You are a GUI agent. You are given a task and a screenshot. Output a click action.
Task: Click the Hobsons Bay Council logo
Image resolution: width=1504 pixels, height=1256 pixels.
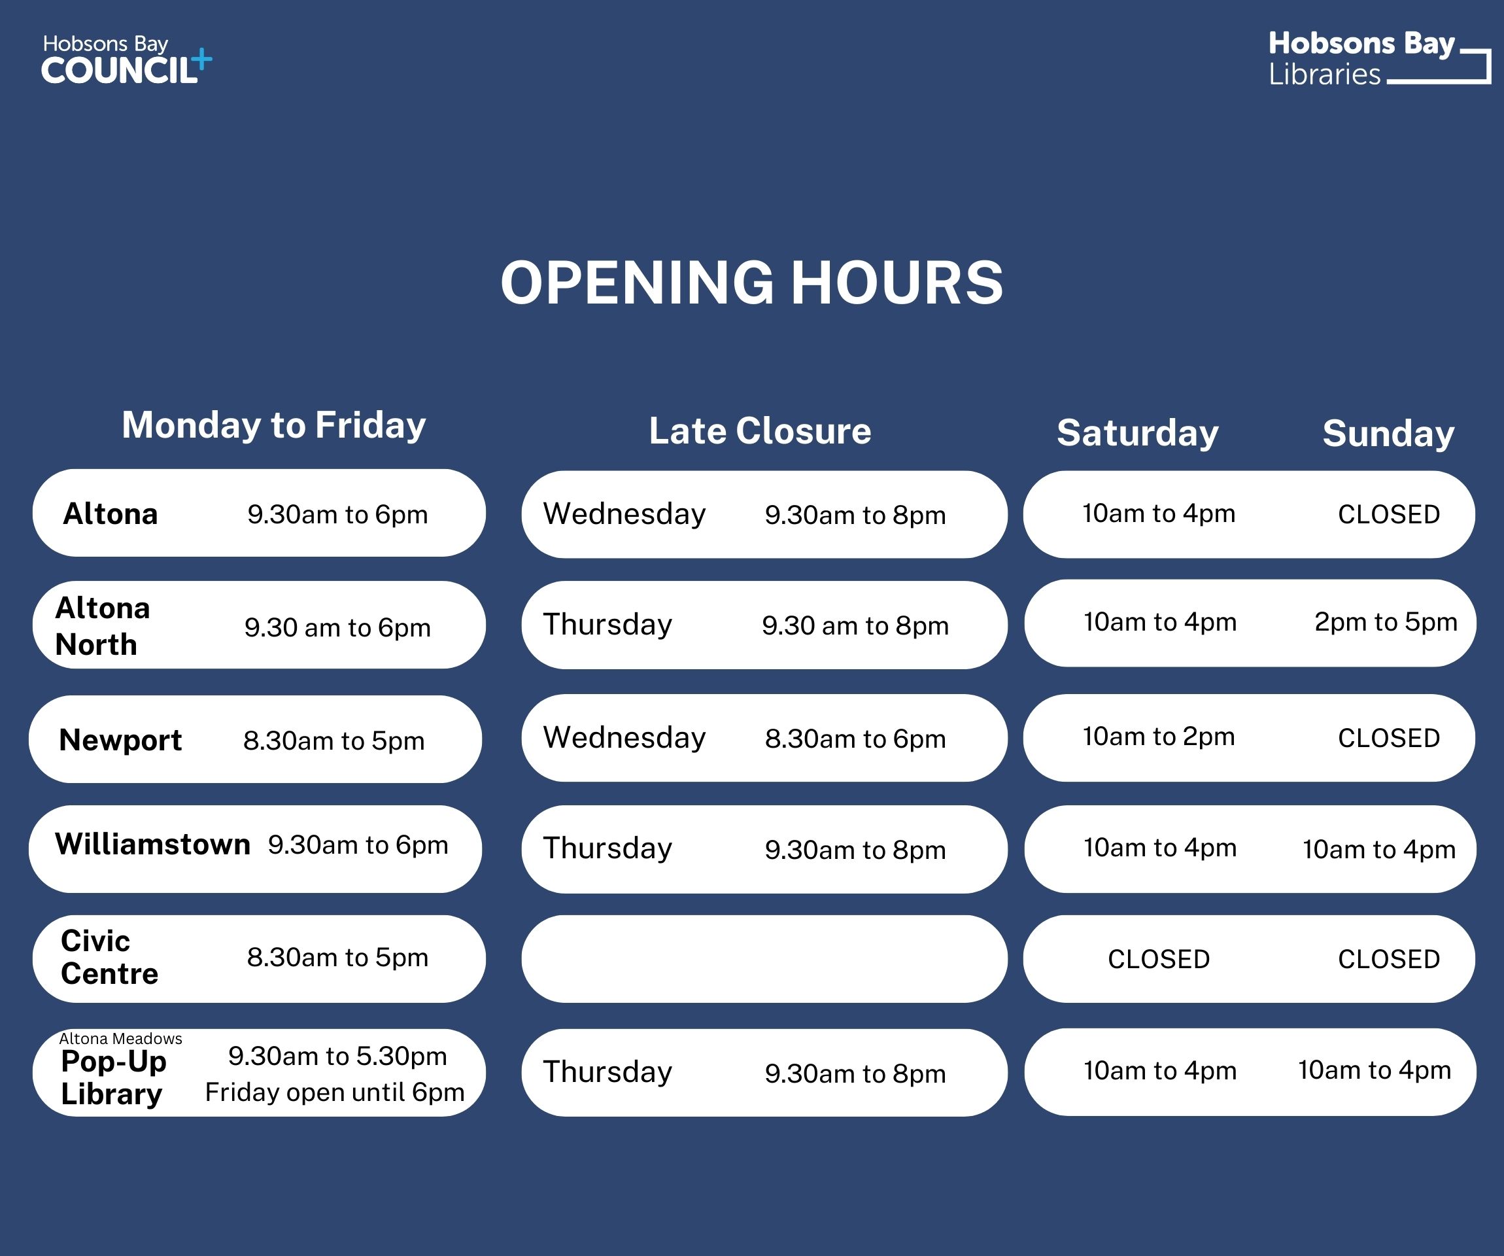click(126, 60)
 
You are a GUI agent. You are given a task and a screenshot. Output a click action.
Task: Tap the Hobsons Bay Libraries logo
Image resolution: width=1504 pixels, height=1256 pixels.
click(1378, 59)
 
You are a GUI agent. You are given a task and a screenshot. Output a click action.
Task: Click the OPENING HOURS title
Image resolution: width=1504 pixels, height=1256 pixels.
click(751, 283)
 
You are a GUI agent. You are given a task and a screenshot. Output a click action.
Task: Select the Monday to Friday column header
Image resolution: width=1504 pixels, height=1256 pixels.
click(273, 425)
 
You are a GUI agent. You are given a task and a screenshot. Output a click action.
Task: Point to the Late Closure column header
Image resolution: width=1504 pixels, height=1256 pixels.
click(760, 430)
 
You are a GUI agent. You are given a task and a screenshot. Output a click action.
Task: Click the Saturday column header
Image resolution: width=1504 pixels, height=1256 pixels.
click(1137, 433)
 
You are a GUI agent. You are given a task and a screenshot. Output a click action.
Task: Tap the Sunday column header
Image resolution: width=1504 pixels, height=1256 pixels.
click(1388, 434)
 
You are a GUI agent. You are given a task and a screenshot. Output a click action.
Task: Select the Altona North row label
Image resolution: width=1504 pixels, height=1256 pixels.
click(103, 625)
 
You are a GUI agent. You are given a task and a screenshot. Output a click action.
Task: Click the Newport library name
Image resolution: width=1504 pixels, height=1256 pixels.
click(120, 739)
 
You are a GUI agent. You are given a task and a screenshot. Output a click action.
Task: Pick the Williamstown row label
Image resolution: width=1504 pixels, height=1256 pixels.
click(152, 844)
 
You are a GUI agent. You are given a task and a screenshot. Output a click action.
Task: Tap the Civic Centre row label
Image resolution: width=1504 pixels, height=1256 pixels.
click(109, 957)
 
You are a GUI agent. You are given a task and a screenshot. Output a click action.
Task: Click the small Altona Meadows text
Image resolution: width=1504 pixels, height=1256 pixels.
click(120, 1038)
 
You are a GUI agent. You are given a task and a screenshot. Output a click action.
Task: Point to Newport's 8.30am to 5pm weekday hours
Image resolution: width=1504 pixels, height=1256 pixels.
click(333, 740)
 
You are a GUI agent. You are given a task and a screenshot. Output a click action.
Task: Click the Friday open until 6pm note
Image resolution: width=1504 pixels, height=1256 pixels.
click(334, 1092)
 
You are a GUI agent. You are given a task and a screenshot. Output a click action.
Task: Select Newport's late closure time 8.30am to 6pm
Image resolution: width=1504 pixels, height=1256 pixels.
click(855, 739)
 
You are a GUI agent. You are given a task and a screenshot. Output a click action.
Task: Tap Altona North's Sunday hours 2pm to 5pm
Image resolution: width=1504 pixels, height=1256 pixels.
click(1385, 622)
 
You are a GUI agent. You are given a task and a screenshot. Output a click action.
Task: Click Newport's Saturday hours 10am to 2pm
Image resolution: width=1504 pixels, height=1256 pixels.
click(1158, 737)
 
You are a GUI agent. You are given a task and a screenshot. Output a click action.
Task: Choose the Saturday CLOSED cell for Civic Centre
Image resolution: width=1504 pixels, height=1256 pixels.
click(1158, 958)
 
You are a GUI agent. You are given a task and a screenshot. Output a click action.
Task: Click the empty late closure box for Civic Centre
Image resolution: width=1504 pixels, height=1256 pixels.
click(764, 958)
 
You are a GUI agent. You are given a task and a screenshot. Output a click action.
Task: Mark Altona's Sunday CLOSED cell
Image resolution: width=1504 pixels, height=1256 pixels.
click(1388, 514)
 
